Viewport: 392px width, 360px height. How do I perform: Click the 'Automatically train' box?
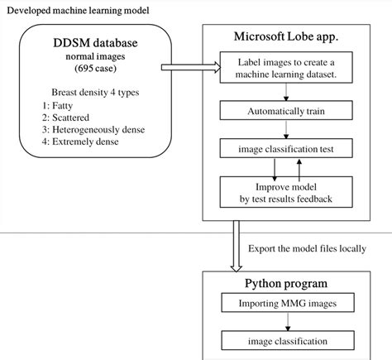[284, 110]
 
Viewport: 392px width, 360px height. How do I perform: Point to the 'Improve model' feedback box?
[284, 191]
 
